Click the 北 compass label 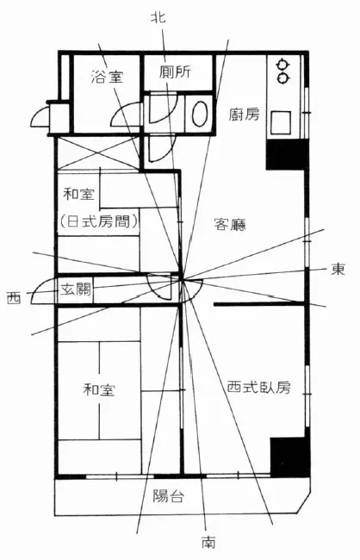158,17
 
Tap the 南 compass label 208,542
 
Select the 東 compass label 338,269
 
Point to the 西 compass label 14,297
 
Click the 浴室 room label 107,77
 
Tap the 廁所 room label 176,72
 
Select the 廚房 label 244,115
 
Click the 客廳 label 230,224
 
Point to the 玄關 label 75,289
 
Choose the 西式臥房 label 259,387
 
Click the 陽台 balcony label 169,495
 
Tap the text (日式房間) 98,221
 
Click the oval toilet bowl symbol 200,114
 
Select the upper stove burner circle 282,65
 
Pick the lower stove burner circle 282,78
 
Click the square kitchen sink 281,122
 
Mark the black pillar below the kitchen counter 286,154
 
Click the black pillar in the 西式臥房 289,457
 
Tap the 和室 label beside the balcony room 99,389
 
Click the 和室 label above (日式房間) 79,195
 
